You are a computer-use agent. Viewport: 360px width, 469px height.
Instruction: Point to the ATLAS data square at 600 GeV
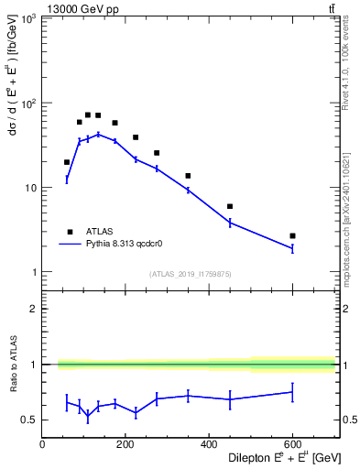(x=292, y=235)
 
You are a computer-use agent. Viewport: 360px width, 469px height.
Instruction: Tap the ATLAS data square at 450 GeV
(x=230, y=206)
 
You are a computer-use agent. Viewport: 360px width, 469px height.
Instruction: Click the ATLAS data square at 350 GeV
(x=188, y=176)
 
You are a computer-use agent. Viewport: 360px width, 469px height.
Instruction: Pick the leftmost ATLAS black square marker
(x=67, y=162)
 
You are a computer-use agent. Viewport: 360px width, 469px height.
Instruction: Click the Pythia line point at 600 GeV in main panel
(x=292, y=248)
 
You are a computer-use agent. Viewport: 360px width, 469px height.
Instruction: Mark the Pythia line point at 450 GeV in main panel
(x=230, y=223)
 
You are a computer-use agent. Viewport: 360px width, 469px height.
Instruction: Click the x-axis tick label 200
(x=125, y=445)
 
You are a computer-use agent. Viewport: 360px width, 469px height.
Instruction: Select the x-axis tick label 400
(x=209, y=445)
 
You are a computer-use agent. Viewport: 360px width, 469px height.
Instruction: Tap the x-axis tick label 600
(x=292, y=445)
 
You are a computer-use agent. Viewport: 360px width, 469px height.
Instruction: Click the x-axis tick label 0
(x=43, y=445)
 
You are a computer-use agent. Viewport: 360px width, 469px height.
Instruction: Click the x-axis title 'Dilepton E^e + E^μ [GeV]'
(x=272, y=459)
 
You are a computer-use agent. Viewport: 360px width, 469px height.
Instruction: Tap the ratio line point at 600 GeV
(x=292, y=392)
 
